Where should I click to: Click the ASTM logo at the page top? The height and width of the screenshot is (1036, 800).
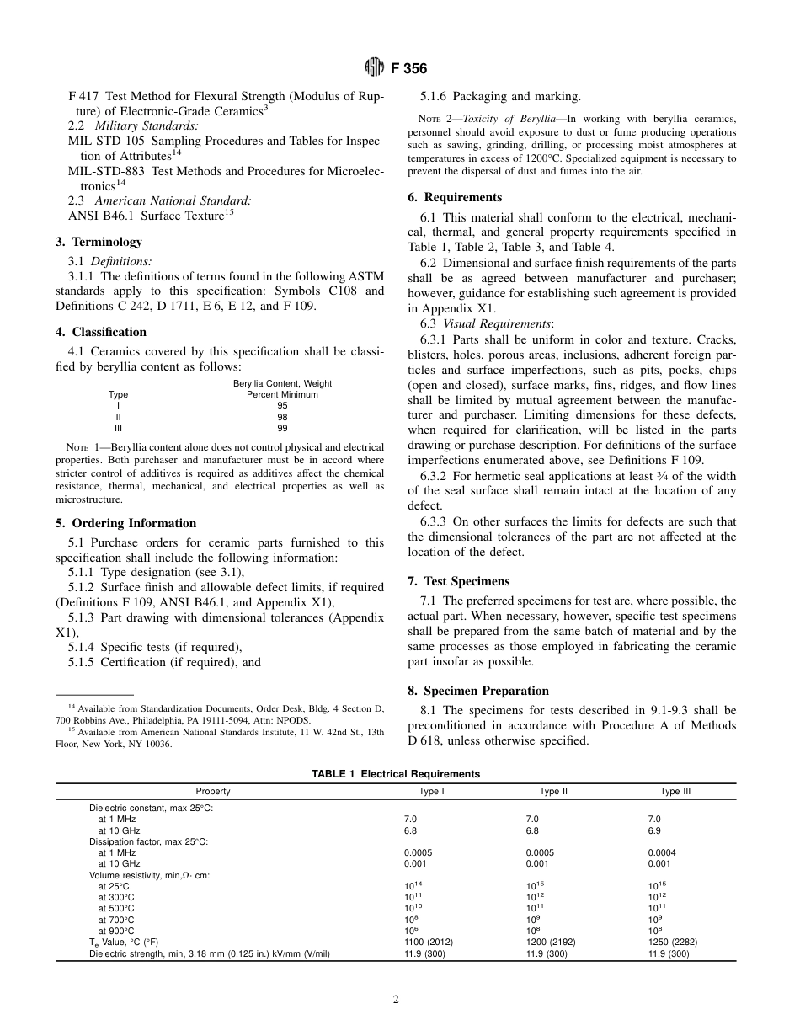click(x=374, y=68)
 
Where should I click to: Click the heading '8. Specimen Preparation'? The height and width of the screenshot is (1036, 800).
click(x=477, y=691)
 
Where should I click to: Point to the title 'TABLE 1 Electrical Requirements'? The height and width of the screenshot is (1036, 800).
click(x=396, y=773)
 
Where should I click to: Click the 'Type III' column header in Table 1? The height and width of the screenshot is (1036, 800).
click(x=675, y=792)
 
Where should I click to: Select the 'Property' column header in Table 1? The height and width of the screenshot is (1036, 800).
click(x=212, y=792)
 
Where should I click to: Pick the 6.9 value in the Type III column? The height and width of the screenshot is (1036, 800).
click(x=653, y=830)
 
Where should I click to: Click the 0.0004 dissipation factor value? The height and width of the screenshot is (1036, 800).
click(x=661, y=852)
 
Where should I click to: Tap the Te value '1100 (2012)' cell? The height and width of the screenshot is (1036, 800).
click(x=430, y=942)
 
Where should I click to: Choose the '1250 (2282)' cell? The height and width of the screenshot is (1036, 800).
click(x=673, y=942)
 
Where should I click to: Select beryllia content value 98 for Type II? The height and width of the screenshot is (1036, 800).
click(x=282, y=417)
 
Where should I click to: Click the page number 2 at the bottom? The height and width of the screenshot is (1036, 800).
click(x=396, y=1001)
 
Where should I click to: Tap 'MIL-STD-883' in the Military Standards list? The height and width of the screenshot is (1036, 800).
click(x=104, y=172)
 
